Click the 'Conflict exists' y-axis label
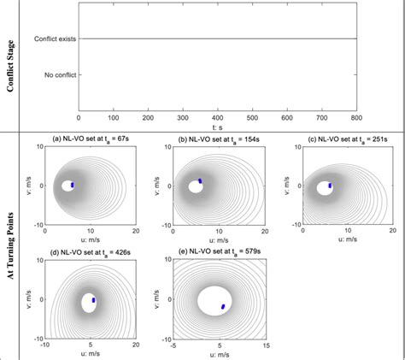(55, 38)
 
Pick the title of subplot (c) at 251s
(336, 139)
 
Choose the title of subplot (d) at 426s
(86, 253)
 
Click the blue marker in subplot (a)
(73, 184)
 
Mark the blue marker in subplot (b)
(200, 180)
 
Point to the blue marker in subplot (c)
(330, 184)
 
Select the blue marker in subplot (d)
(93, 299)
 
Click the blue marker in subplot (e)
(223, 305)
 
